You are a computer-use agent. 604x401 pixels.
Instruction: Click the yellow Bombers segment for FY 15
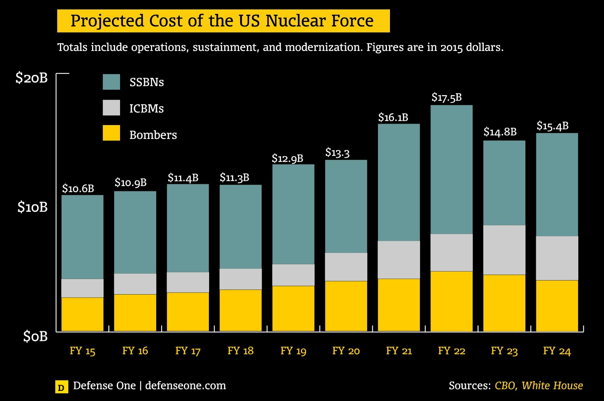coord(82,315)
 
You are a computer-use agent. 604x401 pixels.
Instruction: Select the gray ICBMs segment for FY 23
coord(504,250)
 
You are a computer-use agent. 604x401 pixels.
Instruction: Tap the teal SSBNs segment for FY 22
coord(451,170)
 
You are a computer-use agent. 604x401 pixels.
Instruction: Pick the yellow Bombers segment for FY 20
coord(346,306)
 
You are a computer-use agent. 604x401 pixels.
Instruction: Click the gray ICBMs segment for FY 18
coord(240,279)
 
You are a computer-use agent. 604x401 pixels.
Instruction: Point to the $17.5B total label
coord(447,97)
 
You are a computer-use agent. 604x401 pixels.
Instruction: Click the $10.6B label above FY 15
coord(78,188)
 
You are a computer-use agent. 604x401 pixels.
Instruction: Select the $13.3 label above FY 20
coord(337,153)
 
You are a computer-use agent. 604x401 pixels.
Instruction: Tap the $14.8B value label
coord(500,132)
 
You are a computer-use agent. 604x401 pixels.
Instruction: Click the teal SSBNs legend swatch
coord(111,82)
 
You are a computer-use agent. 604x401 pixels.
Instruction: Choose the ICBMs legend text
coord(146,109)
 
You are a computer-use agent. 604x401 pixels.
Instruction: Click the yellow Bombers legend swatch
coord(111,133)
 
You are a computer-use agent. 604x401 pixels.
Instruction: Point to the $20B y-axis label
coord(32,78)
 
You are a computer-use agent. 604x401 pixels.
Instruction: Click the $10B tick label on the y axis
coord(32,207)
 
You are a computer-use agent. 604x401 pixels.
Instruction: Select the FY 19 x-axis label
coord(293,351)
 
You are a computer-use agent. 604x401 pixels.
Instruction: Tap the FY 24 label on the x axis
coord(557,351)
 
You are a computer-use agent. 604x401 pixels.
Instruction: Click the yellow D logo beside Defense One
coord(62,387)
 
